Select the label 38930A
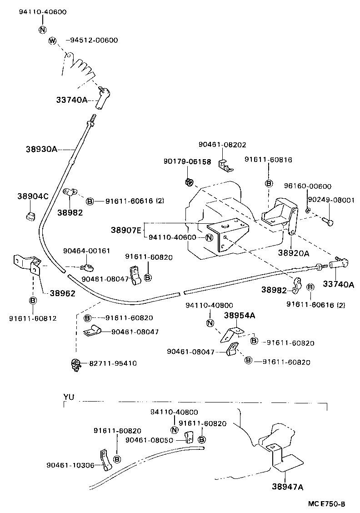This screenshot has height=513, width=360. pos(41,149)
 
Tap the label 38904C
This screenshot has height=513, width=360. pos(33,196)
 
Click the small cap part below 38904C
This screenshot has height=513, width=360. pos(30,215)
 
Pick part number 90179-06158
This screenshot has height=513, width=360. pos(187,161)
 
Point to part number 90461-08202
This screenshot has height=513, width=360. pos(222,145)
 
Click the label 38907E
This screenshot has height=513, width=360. pos(126,230)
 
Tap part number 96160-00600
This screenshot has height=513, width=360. pos(308,186)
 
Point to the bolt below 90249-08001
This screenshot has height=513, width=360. pos(329,221)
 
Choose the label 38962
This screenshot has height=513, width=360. pos(60,294)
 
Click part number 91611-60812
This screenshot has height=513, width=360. pos(33,318)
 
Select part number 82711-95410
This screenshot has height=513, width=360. pos(113,363)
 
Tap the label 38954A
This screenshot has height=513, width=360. pos(239,315)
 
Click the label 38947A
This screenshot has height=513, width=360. pos(287,487)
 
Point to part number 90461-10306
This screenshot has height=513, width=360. pos(70,465)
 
